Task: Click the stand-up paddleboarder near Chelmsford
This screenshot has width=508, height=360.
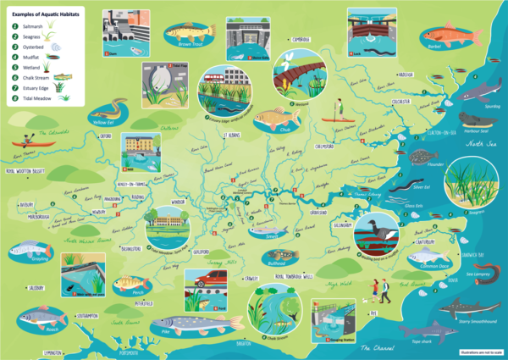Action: (x=337, y=109)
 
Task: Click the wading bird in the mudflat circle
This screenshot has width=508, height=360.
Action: (x=372, y=230)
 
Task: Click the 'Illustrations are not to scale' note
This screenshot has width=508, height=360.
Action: (x=479, y=352)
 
